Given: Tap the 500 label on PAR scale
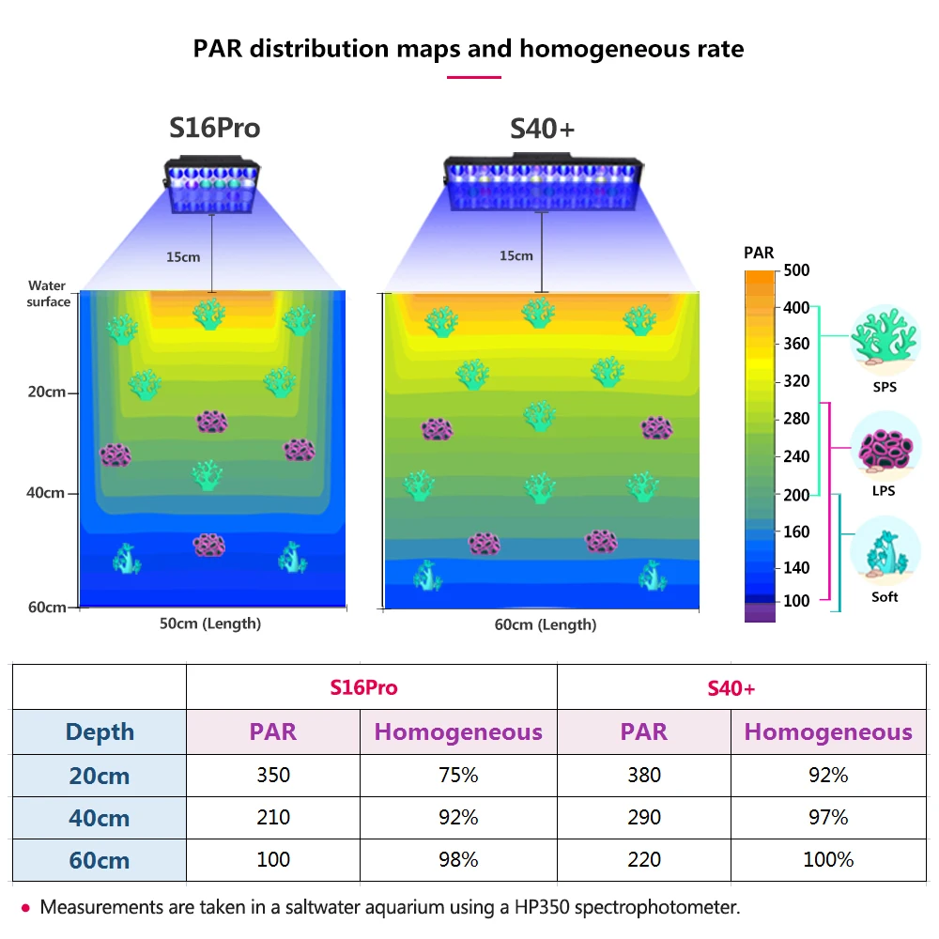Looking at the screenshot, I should [x=796, y=270].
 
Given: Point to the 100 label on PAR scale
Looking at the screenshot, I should [x=796, y=601].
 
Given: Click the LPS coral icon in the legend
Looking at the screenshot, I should [x=884, y=447].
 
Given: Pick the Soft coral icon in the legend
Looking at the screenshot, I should [x=884, y=552].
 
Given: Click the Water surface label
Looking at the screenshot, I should [x=48, y=294].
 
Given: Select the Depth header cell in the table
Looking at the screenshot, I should [x=100, y=732].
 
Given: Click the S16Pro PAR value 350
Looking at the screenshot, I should [x=273, y=776].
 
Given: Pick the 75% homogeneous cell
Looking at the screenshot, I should [x=457, y=776].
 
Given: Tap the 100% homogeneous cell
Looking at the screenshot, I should [x=828, y=859].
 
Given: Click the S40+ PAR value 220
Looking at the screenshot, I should [x=643, y=859].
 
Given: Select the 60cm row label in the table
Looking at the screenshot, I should [x=100, y=859].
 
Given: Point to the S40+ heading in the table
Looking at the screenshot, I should [x=731, y=688].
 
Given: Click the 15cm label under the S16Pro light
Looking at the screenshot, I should [x=183, y=256].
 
